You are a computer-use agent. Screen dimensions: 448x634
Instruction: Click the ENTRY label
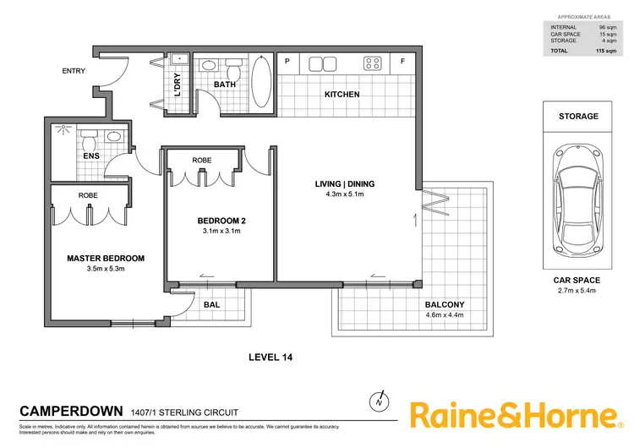click(x=74, y=71)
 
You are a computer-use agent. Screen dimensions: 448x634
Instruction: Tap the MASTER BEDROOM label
click(x=107, y=259)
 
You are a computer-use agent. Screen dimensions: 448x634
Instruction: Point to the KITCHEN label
click(x=342, y=95)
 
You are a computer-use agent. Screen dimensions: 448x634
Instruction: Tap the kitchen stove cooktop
click(x=372, y=63)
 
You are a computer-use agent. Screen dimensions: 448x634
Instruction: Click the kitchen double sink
click(x=325, y=63)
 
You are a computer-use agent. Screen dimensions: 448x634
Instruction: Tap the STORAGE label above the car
click(x=577, y=117)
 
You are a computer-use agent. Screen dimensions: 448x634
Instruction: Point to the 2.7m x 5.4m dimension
click(x=577, y=291)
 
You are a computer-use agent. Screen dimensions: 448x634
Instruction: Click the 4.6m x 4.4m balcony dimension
click(x=445, y=316)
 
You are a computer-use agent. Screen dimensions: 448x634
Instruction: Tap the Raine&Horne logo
click(x=514, y=416)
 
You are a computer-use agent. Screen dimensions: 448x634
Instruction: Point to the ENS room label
click(x=90, y=156)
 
